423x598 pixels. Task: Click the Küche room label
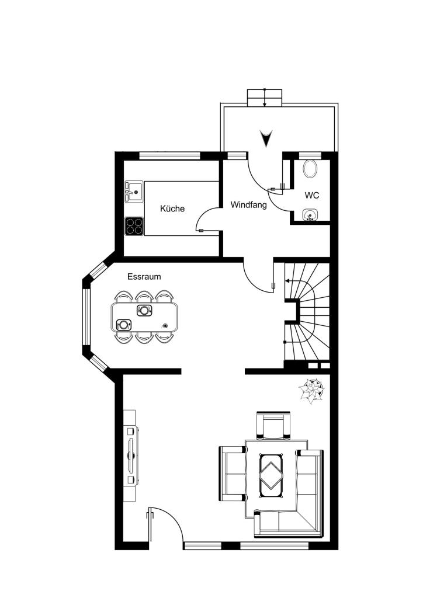172,208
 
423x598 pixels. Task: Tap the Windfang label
249,205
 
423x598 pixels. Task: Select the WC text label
311,196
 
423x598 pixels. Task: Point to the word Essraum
144,277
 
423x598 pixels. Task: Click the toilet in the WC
311,169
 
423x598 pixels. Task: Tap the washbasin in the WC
310,215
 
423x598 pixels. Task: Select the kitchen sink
133,192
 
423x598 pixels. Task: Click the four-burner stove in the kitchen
134,226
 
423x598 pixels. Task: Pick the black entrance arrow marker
266,138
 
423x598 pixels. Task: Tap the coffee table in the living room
271,472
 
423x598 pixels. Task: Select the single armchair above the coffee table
273,425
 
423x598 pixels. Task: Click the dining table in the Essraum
144,317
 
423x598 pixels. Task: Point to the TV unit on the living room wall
131,456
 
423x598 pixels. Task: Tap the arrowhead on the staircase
287,281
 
